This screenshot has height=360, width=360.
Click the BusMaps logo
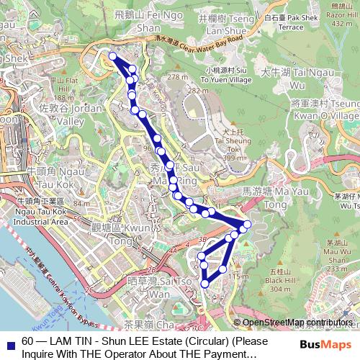(x=325, y=344)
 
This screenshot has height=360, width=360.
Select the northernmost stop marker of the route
(x=112, y=56)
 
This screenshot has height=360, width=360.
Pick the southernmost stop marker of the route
(x=204, y=284)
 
